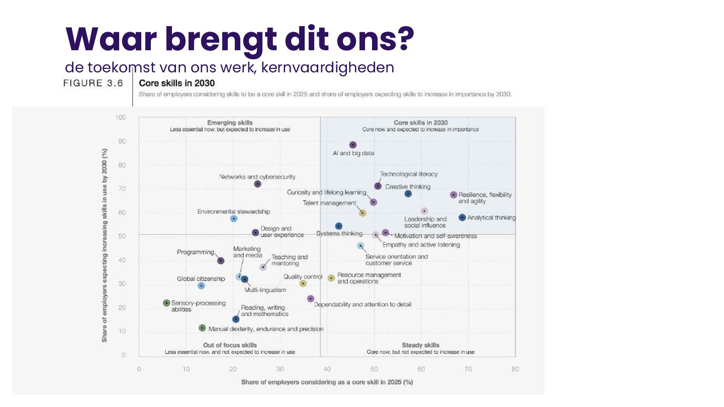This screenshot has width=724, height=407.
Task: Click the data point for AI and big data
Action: point(352,145)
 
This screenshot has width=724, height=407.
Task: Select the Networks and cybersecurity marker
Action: point(257,184)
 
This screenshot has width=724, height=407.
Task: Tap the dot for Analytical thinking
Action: point(462,218)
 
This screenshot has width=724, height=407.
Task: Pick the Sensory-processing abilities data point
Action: point(166,303)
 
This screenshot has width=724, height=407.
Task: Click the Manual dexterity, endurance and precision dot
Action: point(202,328)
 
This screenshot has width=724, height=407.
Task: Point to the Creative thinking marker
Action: point(408,193)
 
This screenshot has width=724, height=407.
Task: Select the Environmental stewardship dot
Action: point(233,219)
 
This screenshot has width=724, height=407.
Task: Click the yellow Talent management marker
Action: point(363,213)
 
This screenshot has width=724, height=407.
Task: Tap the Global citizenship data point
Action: point(201,285)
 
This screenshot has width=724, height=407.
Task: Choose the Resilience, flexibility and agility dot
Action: point(454,194)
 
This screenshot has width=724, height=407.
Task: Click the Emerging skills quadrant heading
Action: point(230,122)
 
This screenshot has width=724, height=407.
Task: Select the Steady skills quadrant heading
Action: point(420,345)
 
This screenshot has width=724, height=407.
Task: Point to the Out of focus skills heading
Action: point(230,345)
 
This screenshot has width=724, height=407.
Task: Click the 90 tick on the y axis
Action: point(121,141)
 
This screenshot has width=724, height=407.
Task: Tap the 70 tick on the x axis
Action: point(468,369)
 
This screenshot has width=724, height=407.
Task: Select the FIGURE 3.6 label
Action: point(93,83)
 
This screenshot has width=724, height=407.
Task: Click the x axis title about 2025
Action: point(327,382)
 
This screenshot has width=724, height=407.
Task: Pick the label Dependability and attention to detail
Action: point(363,304)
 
